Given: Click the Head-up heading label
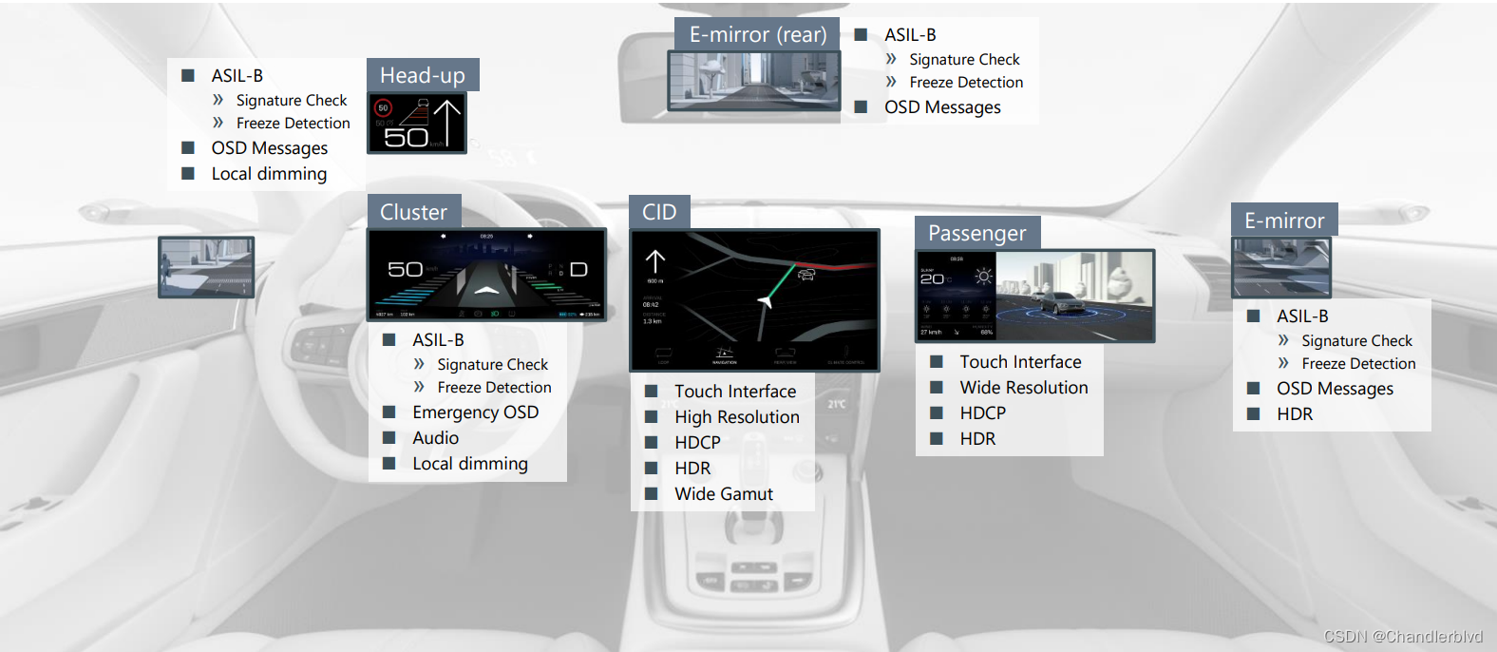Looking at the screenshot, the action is (423, 75).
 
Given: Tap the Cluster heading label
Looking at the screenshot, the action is (413, 212).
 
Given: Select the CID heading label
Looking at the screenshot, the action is (659, 212).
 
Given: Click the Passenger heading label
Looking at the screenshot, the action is (976, 233).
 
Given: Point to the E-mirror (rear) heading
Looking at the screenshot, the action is (757, 34).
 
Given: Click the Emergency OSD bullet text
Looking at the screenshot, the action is (475, 412).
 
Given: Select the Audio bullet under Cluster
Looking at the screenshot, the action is (435, 438).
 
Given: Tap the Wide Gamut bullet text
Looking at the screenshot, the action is (723, 494).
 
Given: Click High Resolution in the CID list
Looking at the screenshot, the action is (736, 417).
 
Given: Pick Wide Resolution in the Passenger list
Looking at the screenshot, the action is (1023, 388).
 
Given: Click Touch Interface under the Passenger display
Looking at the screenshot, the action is (1020, 362).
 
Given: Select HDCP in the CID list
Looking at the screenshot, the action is (697, 443).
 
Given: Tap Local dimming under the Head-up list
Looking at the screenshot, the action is (269, 174).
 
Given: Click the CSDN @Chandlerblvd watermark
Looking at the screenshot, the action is (1402, 637).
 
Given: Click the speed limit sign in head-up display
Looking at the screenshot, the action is (384, 108).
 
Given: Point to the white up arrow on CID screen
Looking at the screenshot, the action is (655, 261).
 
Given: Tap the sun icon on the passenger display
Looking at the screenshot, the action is (983, 277).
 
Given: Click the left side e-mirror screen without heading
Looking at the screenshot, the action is (206, 267).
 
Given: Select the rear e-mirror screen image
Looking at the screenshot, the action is (754, 81).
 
